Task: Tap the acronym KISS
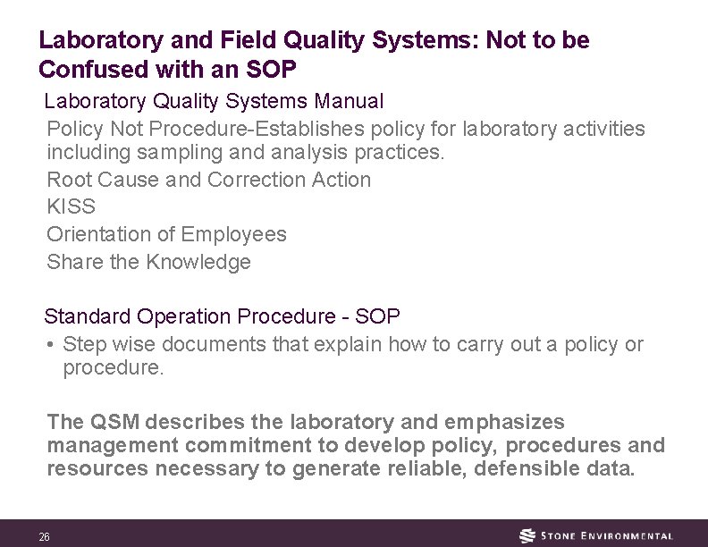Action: (71, 206)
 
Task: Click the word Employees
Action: (233, 234)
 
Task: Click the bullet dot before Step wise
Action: (53, 344)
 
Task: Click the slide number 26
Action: (44, 536)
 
